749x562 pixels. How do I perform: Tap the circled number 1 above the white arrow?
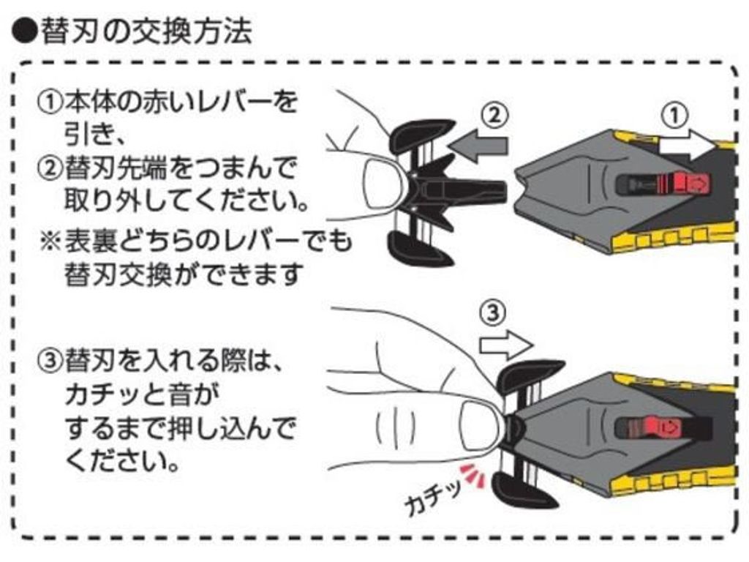click(677, 115)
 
